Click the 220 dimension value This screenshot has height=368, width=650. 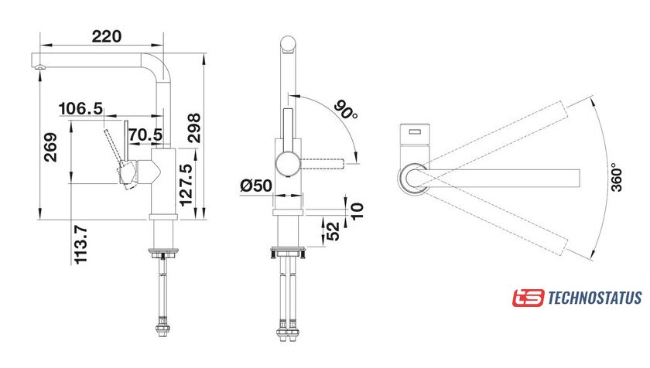pyautogui.click(x=107, y=36)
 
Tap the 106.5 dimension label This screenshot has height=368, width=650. pyautogui.click(x=80, y=109)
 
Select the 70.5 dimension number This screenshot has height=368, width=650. pyautogui.click(x=145, y=135)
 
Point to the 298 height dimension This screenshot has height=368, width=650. pyautogui.click(x=193, y=128)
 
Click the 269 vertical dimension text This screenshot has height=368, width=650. pyautogui.click(x=50, y=147)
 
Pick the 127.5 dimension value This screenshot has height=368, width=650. pyautogui.click(x=186, y=185)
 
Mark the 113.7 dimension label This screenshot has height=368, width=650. pyautogui.click(x=80, y=244)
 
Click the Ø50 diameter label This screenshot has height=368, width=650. pyautogui.click(x=256, y=186)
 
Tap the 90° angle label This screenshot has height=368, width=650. pyautogui.click(x=346, y=110)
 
